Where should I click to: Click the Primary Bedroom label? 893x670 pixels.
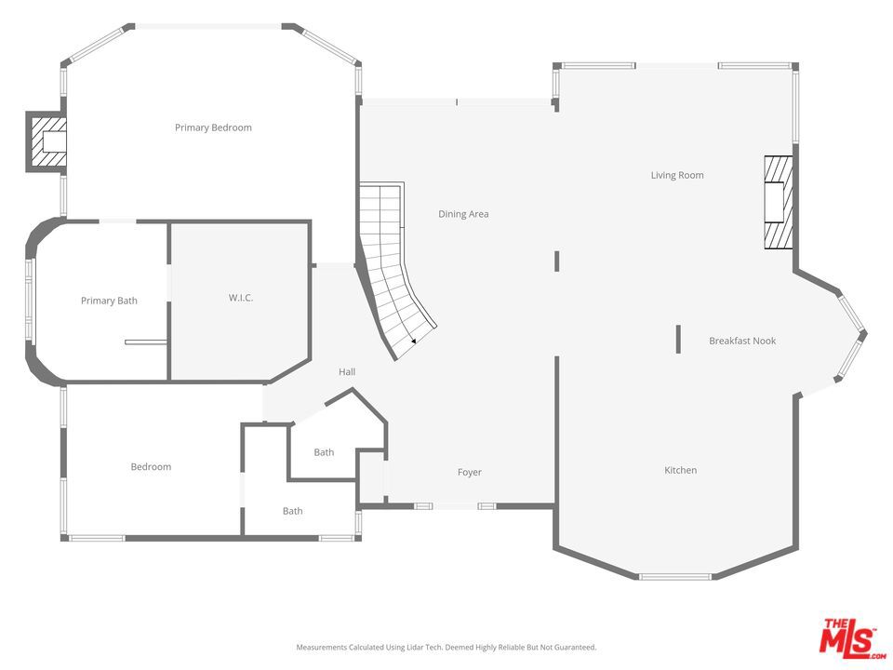[213, 127]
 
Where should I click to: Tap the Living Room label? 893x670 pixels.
[677, 175]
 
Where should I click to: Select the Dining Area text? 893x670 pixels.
[463, 214]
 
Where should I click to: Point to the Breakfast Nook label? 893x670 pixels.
[742, 341]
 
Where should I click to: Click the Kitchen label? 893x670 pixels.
[680, 470]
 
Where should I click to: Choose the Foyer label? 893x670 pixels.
[469, 473]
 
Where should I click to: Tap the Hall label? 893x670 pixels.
[347, 372]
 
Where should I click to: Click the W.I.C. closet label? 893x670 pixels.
[240, 298]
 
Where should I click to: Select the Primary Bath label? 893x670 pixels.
[109, 301]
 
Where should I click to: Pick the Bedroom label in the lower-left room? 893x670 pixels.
[151, 466]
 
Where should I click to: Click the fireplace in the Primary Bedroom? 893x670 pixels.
[47, 141]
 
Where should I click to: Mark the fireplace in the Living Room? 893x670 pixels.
[778, 202]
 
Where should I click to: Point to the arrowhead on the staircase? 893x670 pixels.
[413, 341]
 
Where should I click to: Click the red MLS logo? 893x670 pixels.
[850, 636]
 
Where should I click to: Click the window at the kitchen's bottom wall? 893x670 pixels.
[675, 577]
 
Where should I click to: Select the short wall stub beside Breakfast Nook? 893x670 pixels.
[678, 339]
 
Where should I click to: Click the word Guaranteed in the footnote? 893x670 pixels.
[577, 648]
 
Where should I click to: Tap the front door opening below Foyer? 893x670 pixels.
[455, 506]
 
